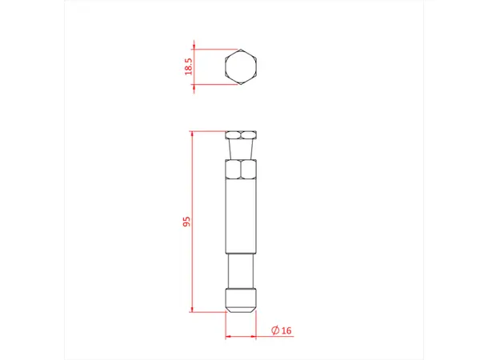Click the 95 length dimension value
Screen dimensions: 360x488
(x=186, y=222)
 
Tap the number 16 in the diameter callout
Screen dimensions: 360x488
(x=286, y=330)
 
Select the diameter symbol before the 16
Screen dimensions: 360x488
(x=274, y=330)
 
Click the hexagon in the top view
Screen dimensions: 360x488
(x=240, y=66)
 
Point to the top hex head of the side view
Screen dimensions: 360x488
(x=240, y=135)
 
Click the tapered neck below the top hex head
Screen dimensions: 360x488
(x=240, y=150)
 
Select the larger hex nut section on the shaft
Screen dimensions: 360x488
(x=240, y=170)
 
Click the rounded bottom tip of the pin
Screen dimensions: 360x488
(x=240, y=302)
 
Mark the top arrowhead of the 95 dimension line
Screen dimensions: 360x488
(x=192, y=134)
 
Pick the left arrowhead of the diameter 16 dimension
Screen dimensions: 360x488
(x=228, y=336)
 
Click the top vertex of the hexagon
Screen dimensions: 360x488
(x=240, y=50)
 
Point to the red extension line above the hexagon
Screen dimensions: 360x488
(x=216, y=49)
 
